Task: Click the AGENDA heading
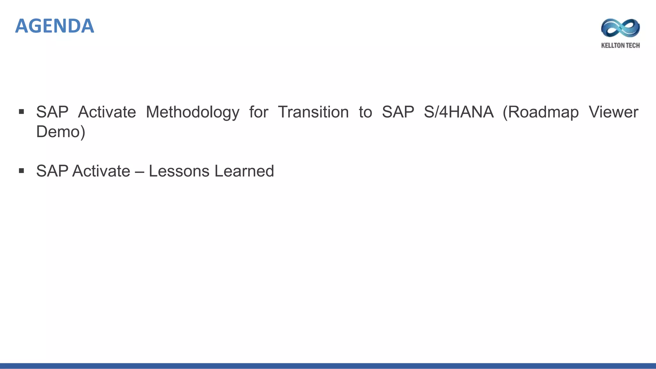point(54,26)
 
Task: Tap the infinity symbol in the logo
point(620,28)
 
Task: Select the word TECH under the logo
point(633,45)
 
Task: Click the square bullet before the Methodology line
point(21,112)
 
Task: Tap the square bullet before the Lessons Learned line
point(21,171)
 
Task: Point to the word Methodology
point(193,112)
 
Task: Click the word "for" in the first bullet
point(258,112)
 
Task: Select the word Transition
point(313,112)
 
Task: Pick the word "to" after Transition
point(365,112)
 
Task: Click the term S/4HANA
point(458,112)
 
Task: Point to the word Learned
point(244,171)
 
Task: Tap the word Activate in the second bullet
point(101,171)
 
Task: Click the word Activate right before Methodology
point(107,112)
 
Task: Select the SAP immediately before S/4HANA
point(398,112)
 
